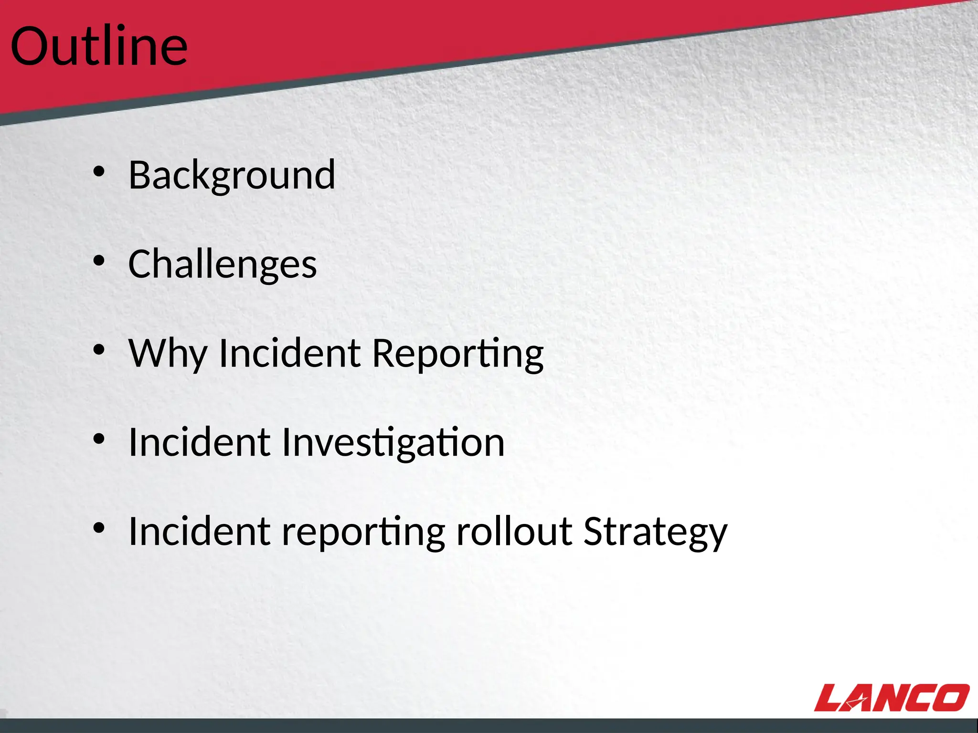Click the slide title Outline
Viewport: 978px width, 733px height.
(99, 46)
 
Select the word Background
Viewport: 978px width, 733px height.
(232, 175)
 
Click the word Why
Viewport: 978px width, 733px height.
(167, 354)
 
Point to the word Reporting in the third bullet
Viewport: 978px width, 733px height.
(457, 354)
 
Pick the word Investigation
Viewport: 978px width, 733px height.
(393, 442)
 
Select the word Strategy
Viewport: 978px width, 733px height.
(655, 532)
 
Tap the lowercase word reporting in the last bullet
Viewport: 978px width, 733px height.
(363, 532)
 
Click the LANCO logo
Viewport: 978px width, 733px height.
(892, 698)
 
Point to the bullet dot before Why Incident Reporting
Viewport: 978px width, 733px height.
(99, 350)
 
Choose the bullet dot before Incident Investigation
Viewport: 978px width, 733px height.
(99, 439)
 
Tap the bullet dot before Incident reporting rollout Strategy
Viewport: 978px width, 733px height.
(99, 528)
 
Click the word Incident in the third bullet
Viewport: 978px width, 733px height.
(289, 354)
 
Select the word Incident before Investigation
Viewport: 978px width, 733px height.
(199, 442)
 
